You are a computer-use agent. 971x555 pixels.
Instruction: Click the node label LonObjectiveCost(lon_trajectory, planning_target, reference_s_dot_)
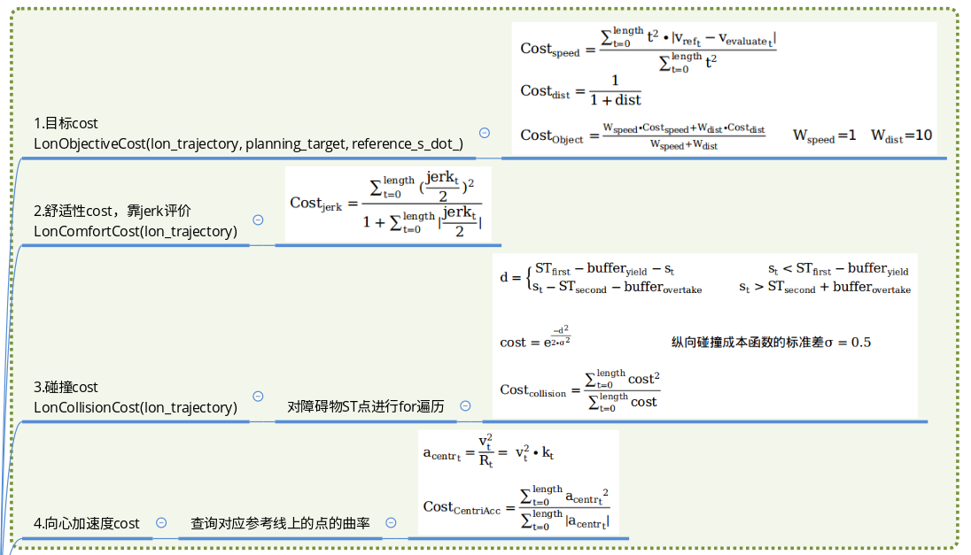pyautogui.click(x=248, y=143)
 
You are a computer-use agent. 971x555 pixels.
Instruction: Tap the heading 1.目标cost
pyautogui.click(x=66, y=123)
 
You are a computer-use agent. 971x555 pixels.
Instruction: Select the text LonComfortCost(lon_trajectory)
pyautogui.click(x=136, y=231)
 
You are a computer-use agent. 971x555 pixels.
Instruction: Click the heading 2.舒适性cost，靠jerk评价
pyautogui.click(x=113, y=211)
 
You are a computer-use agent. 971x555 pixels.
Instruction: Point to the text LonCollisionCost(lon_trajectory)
pyautogui.click(x=136, y=407)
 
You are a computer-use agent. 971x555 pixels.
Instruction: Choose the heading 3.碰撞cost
pyautogui.click(x=66, y=387)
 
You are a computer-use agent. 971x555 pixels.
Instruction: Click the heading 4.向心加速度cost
pyautogui.click(x=87, y=523)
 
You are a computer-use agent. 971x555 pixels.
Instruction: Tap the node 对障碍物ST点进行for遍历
pyautogui.click(x=366, y=407)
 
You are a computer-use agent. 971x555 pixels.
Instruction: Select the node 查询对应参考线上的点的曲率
pyautogui.click(x=281, y=523)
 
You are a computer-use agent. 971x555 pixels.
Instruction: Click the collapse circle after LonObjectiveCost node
pyautogui.click(x=485, y=133)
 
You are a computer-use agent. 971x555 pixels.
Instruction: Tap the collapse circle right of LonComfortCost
pyautogui.click(x=258, y=220)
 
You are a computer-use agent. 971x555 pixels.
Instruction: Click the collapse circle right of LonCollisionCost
pyautogui.click(x=258, y=397)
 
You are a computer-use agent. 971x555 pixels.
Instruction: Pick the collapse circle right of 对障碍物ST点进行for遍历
pyautogui.click(x=465, y=406)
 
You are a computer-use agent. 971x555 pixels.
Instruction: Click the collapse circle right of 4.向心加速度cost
pyautogui.click(x=161, y=522)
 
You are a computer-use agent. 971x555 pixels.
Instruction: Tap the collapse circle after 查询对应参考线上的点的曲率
pyautogui.click(x=391, y=522)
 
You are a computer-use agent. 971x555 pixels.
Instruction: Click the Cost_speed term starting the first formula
pyautogui.click(x=549, y=50)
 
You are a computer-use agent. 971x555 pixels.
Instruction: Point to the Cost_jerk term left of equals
pyautogui.click(x=315, y=204)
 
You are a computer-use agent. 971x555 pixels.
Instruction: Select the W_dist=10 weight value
pyautogui.click(x=901, y=136)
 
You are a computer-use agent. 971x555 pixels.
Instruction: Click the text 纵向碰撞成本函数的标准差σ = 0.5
pyautogui.click(x=771, y=342)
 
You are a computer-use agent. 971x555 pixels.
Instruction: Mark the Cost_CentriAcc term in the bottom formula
pyautogui.click(x=462, y=508)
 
